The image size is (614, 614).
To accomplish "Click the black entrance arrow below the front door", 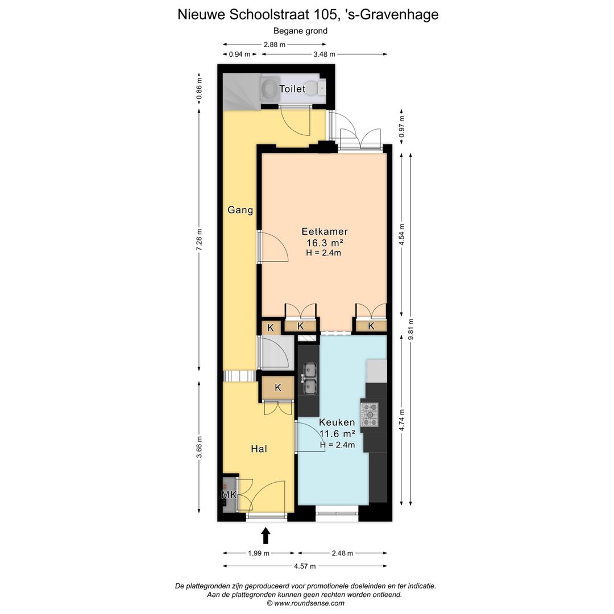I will pyautogui.click(x=265, y=536).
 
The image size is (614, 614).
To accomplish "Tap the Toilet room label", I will pyautogui.click(x=292, y=89).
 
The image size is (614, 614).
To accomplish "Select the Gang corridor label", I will pyautogui.click(x=240, y=210).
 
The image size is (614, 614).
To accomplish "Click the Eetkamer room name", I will pyautogui.click(x=324, y=231).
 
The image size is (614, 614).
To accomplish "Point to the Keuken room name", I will pyautogui.click(x=337, y=422).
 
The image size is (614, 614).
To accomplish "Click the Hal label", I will pyautogui.click(x=259, y=449).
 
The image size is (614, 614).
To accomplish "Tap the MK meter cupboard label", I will pyautogui.click(x=229, y=495).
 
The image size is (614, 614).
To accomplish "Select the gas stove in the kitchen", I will pyautogui.click(x=370, y=414).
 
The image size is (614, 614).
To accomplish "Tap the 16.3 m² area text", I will pyautogui.click(x=324, y=243).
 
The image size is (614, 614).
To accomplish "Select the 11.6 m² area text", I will pyautogui.click(x=337, y=434).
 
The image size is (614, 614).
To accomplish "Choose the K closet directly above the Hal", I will pyautogui.click(x=278, y=388).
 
